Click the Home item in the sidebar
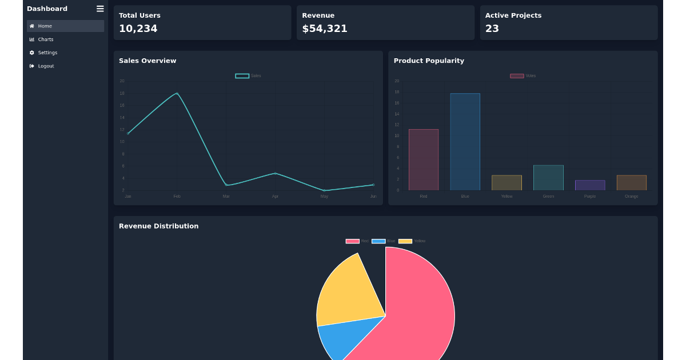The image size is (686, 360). pos(45,26)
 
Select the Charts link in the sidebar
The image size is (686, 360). pos(45,39)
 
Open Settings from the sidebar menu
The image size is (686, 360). pos(47,53)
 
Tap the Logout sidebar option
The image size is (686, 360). pos(46,66)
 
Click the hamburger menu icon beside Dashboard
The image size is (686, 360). pos(100,9)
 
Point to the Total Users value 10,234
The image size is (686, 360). pos(138,29)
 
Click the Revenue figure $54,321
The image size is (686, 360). pos(325,29)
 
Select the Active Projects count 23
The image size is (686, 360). pos(492,29)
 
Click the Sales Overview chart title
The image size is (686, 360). pos(147,61)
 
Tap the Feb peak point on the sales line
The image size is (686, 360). pos(177,93)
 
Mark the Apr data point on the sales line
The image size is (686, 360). pos(276,173)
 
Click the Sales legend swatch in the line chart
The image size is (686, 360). pos(242,76)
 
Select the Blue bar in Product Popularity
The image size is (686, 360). pos(465,142)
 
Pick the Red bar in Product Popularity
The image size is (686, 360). pos(424,160)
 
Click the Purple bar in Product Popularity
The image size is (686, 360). pos(590,185)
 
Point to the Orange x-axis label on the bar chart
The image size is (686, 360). pos(631,197)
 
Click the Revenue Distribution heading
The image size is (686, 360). pos(159,226)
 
